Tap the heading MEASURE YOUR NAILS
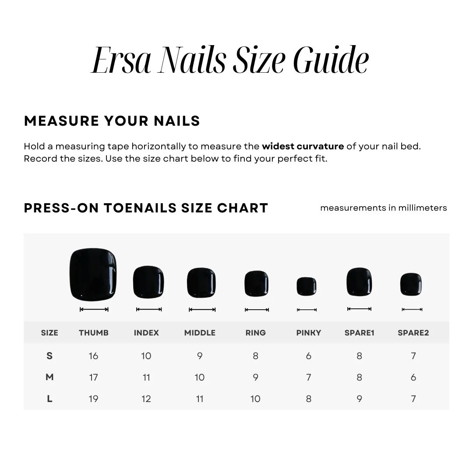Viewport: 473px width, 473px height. click(112, 121)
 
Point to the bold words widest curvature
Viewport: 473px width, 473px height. click(303, 146)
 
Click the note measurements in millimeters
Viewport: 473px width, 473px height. click(383, 208)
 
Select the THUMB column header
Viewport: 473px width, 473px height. click(94, 333)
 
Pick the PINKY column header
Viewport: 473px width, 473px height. click(308, 333)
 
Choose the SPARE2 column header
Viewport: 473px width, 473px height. click(413, 333)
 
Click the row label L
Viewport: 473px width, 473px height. click(49, 399)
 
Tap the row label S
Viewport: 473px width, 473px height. click(49, 356)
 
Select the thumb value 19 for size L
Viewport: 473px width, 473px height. click(94, 399)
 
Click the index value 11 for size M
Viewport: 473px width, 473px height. click(146, 378)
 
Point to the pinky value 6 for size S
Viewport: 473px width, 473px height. click(308, 356)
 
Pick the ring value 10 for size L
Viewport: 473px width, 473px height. click(255, 399)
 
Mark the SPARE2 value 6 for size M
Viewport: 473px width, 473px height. click(413, 378)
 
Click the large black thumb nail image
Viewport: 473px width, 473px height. click(93, 274)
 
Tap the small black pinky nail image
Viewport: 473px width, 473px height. click(307, 286)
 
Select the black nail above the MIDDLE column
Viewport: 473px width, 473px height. click(201, 282)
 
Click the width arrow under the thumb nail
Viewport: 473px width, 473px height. click(94, 309)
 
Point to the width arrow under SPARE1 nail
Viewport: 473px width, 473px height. click(359, 309)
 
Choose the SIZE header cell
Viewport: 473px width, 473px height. click(49, 333)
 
